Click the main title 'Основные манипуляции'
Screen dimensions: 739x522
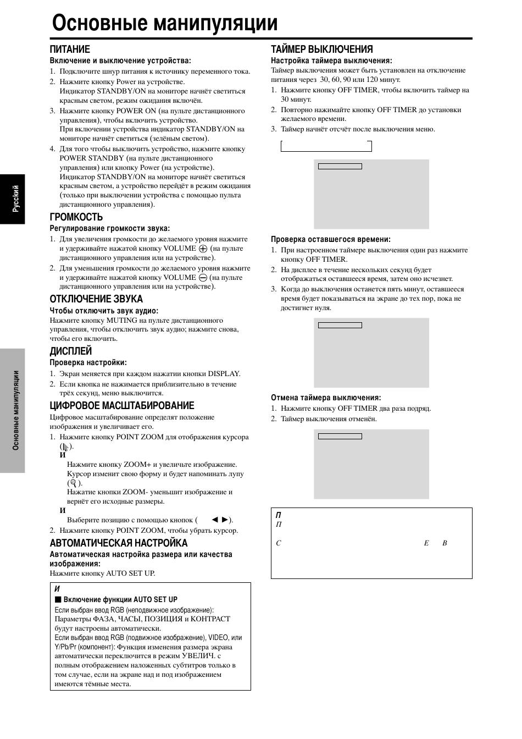165,23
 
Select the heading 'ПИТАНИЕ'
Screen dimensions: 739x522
70,49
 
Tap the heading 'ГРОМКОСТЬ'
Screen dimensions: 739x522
76,217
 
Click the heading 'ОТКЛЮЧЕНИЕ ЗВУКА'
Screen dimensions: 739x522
96,299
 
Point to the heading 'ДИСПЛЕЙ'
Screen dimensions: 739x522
71,351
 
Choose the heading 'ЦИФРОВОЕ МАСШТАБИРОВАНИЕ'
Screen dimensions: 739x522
122,405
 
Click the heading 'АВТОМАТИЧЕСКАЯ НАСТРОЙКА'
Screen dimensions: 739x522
119,543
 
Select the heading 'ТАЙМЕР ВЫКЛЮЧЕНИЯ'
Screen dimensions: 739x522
322,49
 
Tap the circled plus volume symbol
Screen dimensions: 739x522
203,249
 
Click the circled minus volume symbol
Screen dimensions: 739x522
203,278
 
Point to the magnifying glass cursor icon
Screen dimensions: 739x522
72,483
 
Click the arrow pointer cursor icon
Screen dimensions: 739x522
66,446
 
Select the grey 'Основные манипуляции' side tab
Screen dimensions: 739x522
13,410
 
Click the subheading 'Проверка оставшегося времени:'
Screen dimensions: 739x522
331,239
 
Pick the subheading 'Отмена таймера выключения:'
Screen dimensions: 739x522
326,398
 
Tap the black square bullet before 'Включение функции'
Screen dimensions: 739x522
58,599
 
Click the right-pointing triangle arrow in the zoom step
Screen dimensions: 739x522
225,520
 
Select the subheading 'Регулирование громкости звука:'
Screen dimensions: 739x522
110,228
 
